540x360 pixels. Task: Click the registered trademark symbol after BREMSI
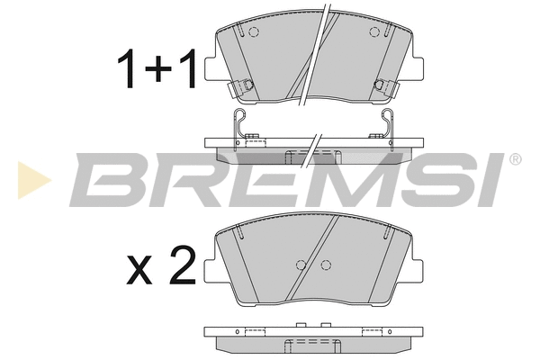pos(515,160)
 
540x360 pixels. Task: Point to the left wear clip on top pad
pos(240,88)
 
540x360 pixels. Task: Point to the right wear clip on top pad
pos(384,88)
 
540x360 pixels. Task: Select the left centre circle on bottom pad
pos(300,265)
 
